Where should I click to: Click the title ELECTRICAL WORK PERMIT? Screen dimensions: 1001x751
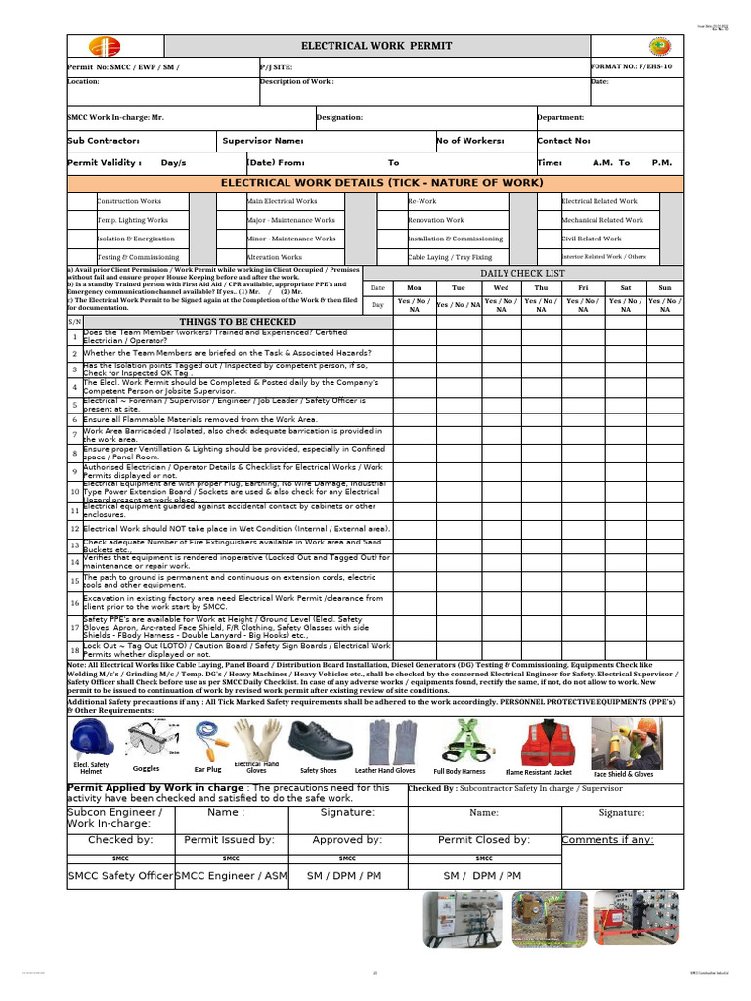[x=376, y=46]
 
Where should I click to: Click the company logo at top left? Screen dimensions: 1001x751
[x=103, y=47]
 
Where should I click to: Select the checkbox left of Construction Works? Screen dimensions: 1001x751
[x=81, y=201]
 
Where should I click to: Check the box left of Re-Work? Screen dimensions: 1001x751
[x=391, y=201]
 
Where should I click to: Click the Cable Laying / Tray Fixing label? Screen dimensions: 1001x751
[x=450, y=257]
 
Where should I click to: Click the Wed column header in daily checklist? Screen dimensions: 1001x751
[x=501, y=288]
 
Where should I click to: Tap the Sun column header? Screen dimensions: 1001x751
[x=665, y=288]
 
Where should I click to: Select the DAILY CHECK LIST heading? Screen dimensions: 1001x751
[x=522, y=273]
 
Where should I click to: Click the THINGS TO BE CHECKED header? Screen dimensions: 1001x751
[x=238, y=321]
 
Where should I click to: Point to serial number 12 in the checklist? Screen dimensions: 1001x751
[x=74, y=528]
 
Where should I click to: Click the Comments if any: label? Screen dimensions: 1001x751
[x=607, y=839]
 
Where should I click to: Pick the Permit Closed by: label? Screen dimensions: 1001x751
[x=483, y=839]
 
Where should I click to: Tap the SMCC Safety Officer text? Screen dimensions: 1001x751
[x=120, y=876]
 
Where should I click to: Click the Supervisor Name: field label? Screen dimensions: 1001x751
[x=262, y=141]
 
